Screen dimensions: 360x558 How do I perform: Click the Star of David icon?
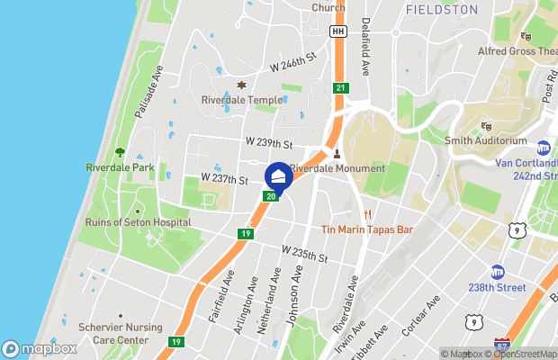(x=240, y=85)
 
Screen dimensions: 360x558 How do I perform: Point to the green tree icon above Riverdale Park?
(x=120, y=153)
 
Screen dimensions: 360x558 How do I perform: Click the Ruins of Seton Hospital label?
(x=138, y=222)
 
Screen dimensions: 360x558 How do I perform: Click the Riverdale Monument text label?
(x=337, y=168)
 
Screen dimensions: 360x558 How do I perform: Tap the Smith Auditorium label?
(x=486, y=141)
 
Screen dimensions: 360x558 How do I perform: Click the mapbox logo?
(x=40, y=349)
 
